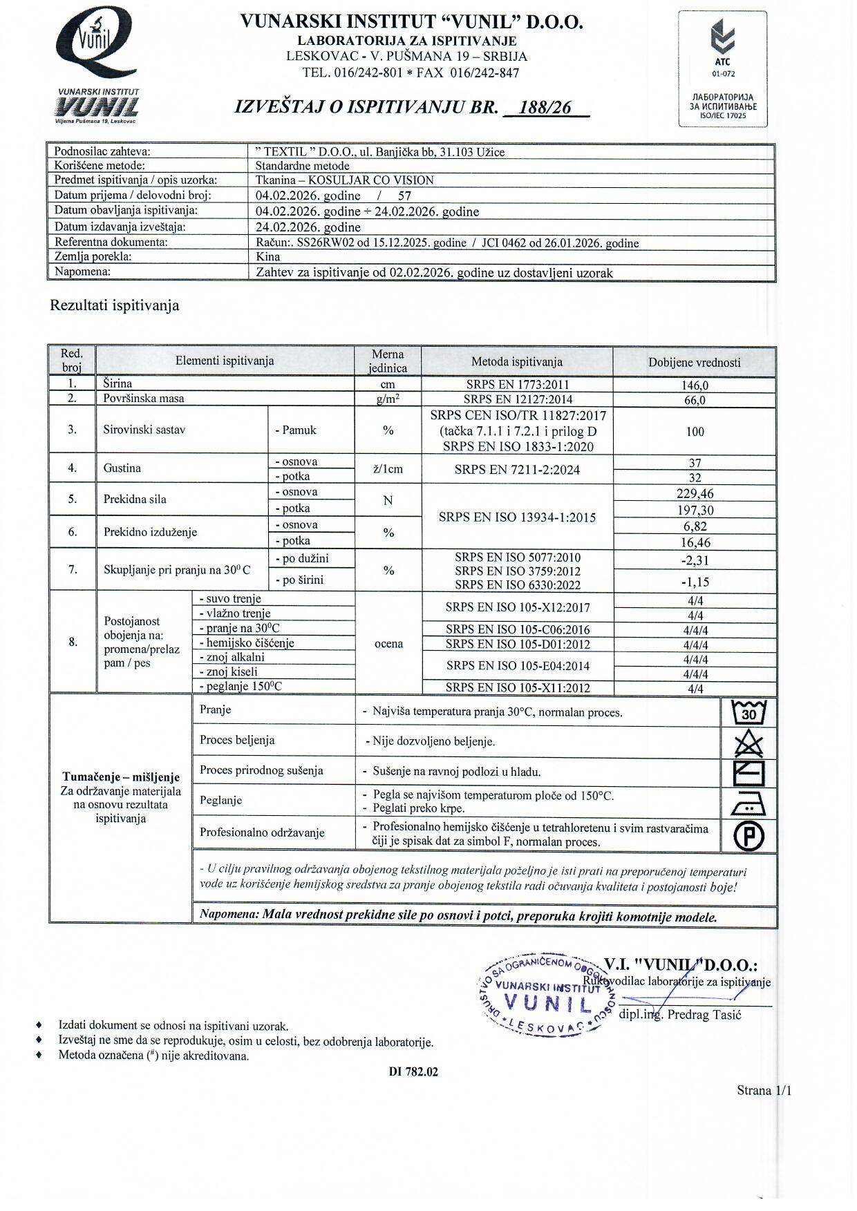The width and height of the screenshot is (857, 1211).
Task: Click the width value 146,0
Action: (695, 385)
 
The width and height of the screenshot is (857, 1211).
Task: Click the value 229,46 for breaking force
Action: (695, 494)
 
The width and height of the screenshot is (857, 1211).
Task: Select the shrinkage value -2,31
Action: (695, 561)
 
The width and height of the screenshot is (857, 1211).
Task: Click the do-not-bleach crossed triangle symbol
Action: (748, 743)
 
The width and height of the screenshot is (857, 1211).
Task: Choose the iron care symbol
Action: (748, 803)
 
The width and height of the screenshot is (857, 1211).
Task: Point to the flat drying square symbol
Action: (748, 773)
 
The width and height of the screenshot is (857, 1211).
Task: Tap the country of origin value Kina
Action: (268, 257)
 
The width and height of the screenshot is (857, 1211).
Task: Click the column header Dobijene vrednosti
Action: (694, 363)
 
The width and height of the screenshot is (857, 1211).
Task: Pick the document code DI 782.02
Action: (413, 1072)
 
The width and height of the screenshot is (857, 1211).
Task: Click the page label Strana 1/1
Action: (764, 1091)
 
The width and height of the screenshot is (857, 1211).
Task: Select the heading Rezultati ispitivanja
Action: (115, 305)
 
